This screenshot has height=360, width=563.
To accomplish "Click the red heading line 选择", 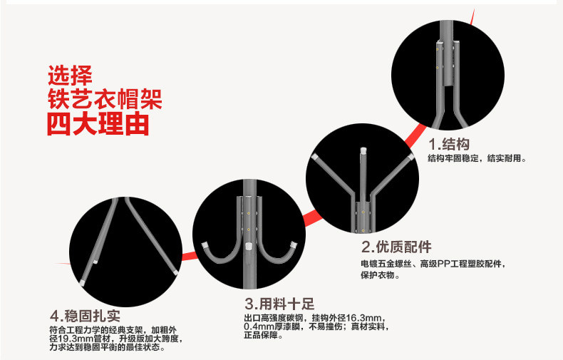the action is coord(70,74).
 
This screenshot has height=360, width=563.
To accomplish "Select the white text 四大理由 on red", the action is coord(98,124).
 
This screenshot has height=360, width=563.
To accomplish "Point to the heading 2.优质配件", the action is coord(396,247).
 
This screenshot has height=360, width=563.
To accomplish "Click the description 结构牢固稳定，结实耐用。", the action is coord(477,158).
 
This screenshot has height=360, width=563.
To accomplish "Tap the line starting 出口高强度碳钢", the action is coord(314,317).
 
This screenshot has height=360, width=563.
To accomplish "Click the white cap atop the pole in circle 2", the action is coord(362,151).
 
